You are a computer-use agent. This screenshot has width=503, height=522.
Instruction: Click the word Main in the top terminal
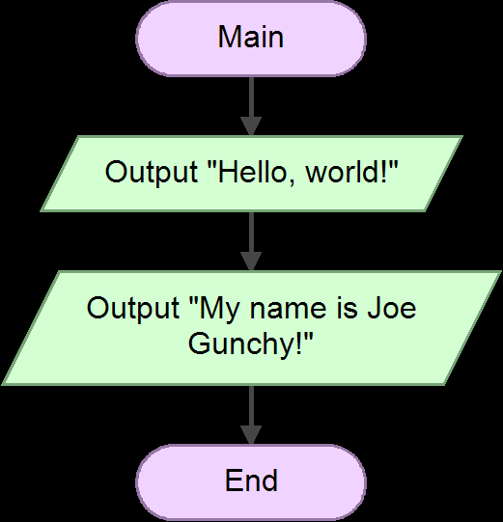click(x=251, y=37)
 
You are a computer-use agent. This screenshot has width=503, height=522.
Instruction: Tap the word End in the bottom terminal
click(x=251, y=480)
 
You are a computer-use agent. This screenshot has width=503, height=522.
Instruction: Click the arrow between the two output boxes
click(x=251, y=236)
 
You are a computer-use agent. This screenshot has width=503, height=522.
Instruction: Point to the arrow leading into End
click(x=251, y=410)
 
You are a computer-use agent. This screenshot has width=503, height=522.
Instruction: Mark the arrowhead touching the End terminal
click(x=251, y=434)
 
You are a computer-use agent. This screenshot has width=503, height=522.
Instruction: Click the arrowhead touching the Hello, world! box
click(x=251, y=126)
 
